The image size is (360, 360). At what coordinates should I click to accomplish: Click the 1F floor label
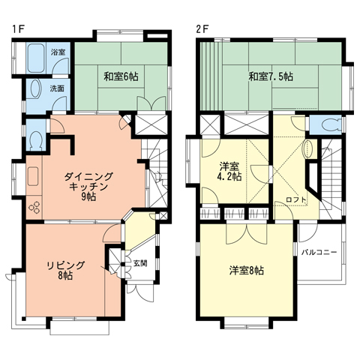(18, 29)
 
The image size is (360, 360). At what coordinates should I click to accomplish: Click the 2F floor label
(202, 29)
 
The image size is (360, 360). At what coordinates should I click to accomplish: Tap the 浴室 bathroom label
(58, 52)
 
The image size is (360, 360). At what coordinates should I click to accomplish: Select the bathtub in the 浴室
(36, 58)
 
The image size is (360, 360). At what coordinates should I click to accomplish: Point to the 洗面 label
(57, 88)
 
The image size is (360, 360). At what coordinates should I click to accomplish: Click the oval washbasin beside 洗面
(36, 89)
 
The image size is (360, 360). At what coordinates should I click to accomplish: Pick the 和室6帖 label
(121, 76)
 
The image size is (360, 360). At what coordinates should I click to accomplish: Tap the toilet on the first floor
(36, 141)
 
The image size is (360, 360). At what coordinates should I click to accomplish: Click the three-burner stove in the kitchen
(34, 207)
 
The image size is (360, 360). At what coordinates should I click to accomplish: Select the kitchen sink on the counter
(33, 176)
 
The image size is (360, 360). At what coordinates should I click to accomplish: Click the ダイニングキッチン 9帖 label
(88, 187)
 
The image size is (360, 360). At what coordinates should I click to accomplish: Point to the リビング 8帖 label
(66, 270)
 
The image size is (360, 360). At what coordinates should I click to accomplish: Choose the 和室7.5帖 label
(271, 76)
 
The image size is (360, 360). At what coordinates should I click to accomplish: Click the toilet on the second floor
(331, 124)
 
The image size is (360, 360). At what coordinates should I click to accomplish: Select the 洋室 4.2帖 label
(229, 171)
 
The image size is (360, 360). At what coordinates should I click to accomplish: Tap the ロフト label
(296, 199)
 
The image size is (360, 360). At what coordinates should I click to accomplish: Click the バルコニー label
(319, 252)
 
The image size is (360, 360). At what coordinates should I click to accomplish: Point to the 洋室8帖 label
(247, 270)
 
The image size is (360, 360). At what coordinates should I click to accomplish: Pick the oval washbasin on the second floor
(308, 149)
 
